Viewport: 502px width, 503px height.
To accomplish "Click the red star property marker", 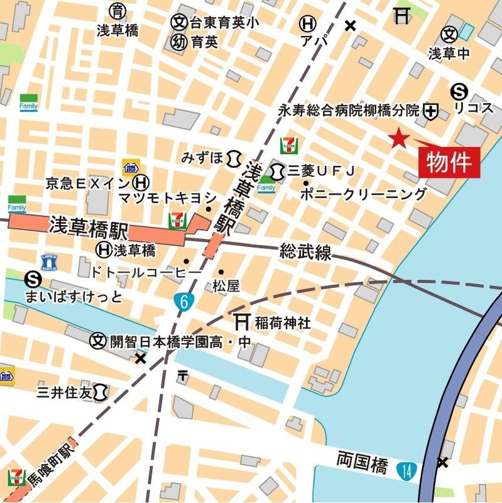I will [398, 138].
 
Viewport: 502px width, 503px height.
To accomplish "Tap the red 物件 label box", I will [449, 162].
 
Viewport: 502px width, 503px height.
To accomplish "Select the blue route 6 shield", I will [183, 301].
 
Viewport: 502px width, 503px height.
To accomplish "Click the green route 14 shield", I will [407, 468].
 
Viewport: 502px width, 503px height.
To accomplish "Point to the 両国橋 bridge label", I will [362, 465].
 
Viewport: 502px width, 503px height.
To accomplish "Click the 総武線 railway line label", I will [305, 253].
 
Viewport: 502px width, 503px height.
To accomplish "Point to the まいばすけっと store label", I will [73, 296].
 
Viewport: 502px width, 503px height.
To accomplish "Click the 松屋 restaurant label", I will [226, 286].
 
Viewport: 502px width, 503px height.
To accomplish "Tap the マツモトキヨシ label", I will [167, 197].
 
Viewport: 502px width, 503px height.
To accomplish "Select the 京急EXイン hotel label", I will [88, 183].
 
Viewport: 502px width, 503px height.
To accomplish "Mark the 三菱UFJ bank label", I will [322, 170].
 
